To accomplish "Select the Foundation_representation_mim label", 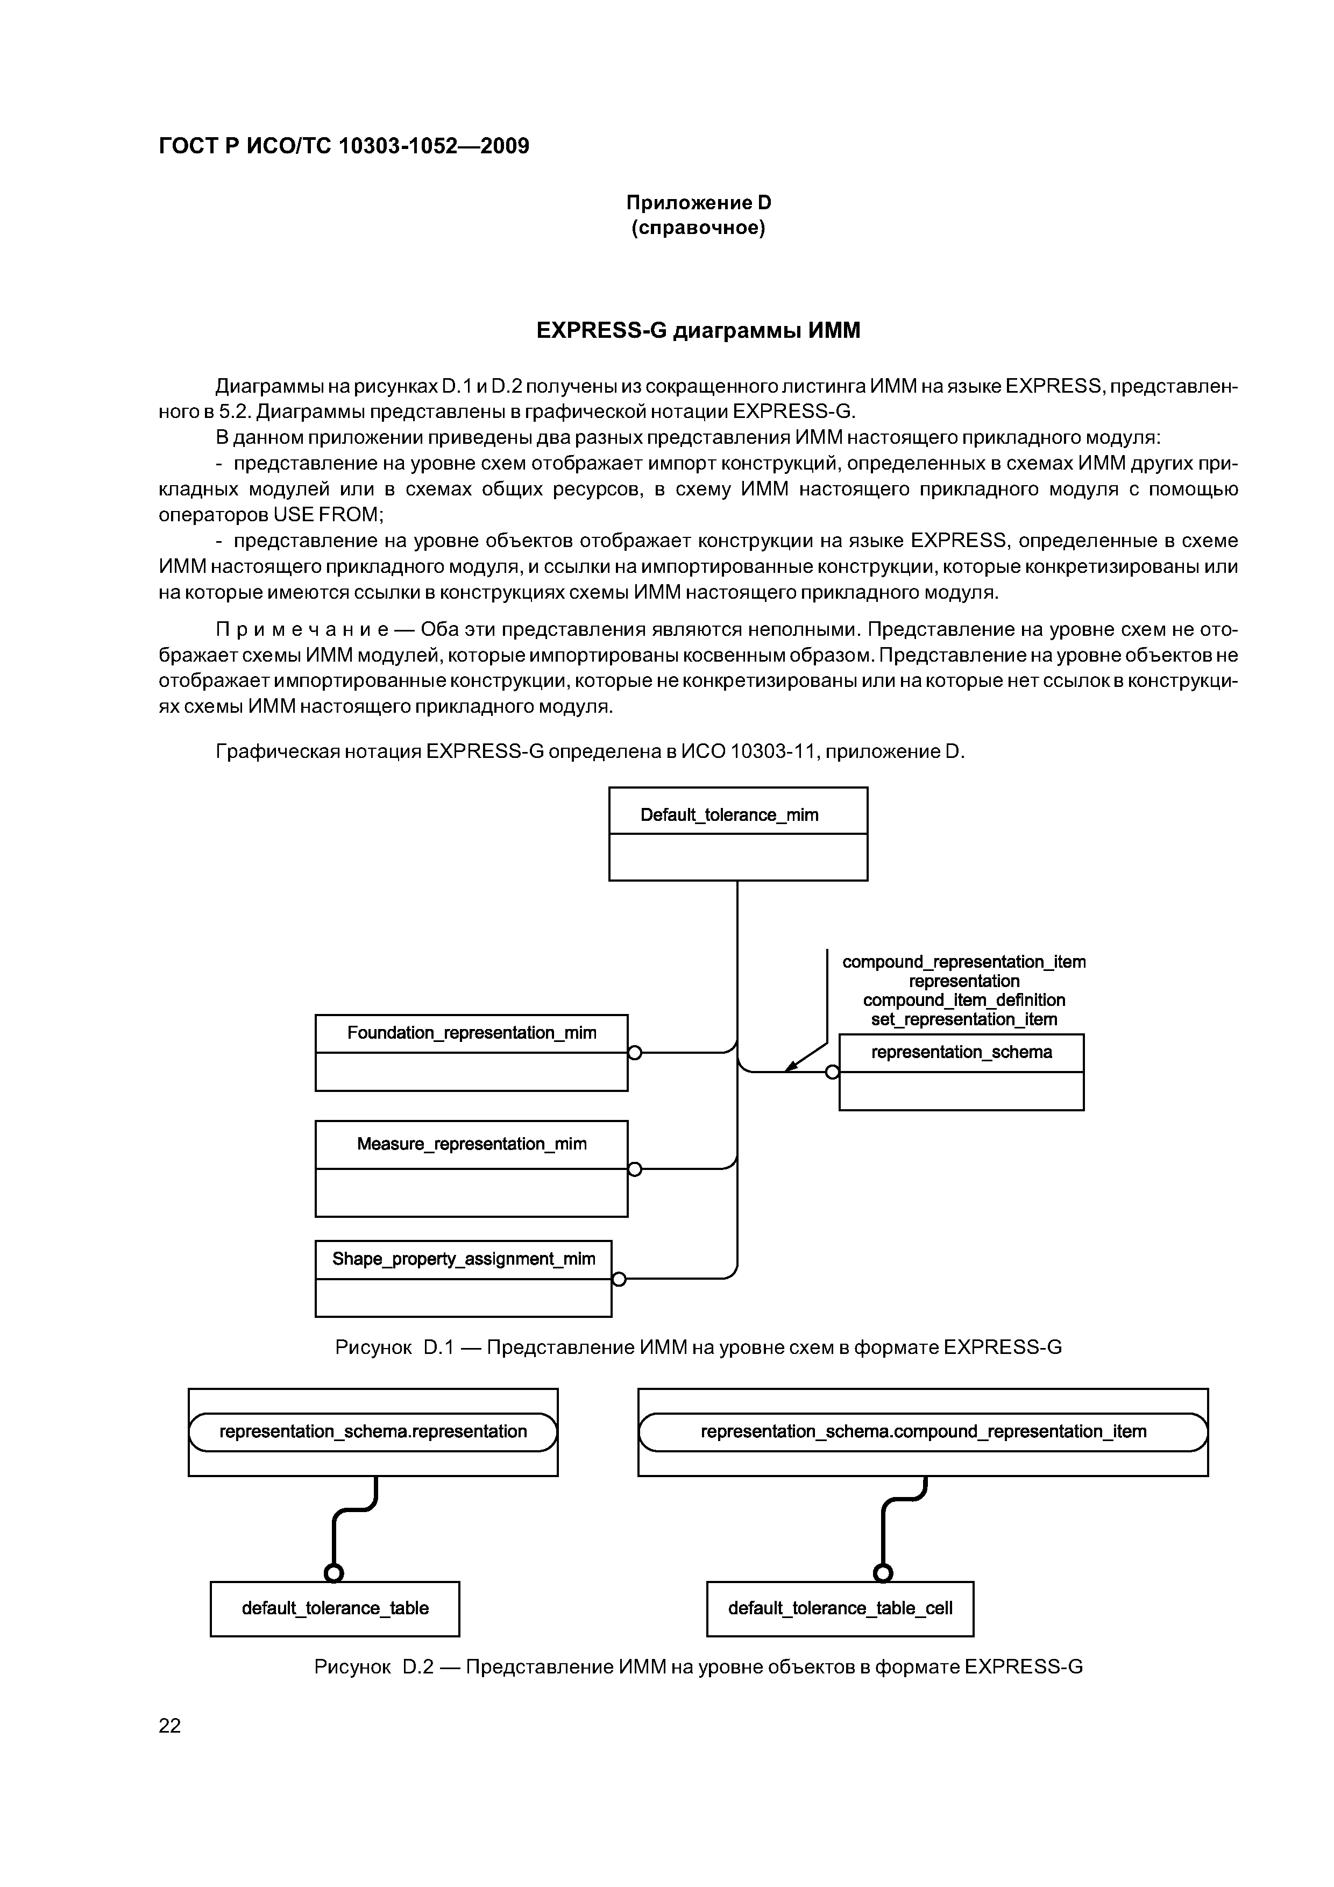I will pos(472,1033).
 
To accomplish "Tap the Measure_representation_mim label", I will pos(472,1144).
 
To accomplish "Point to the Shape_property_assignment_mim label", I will pos(464,1259).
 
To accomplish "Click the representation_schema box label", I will pos(961,1052).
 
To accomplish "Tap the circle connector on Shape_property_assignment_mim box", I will pos(619,1279).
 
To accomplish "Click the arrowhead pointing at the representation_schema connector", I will pos(791,1067).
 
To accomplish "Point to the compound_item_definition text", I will pos(963,1000).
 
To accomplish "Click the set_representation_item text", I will pos(963,1020).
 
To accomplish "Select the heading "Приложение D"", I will pos(699,202).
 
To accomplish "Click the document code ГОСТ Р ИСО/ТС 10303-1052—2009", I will pos(344,146).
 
